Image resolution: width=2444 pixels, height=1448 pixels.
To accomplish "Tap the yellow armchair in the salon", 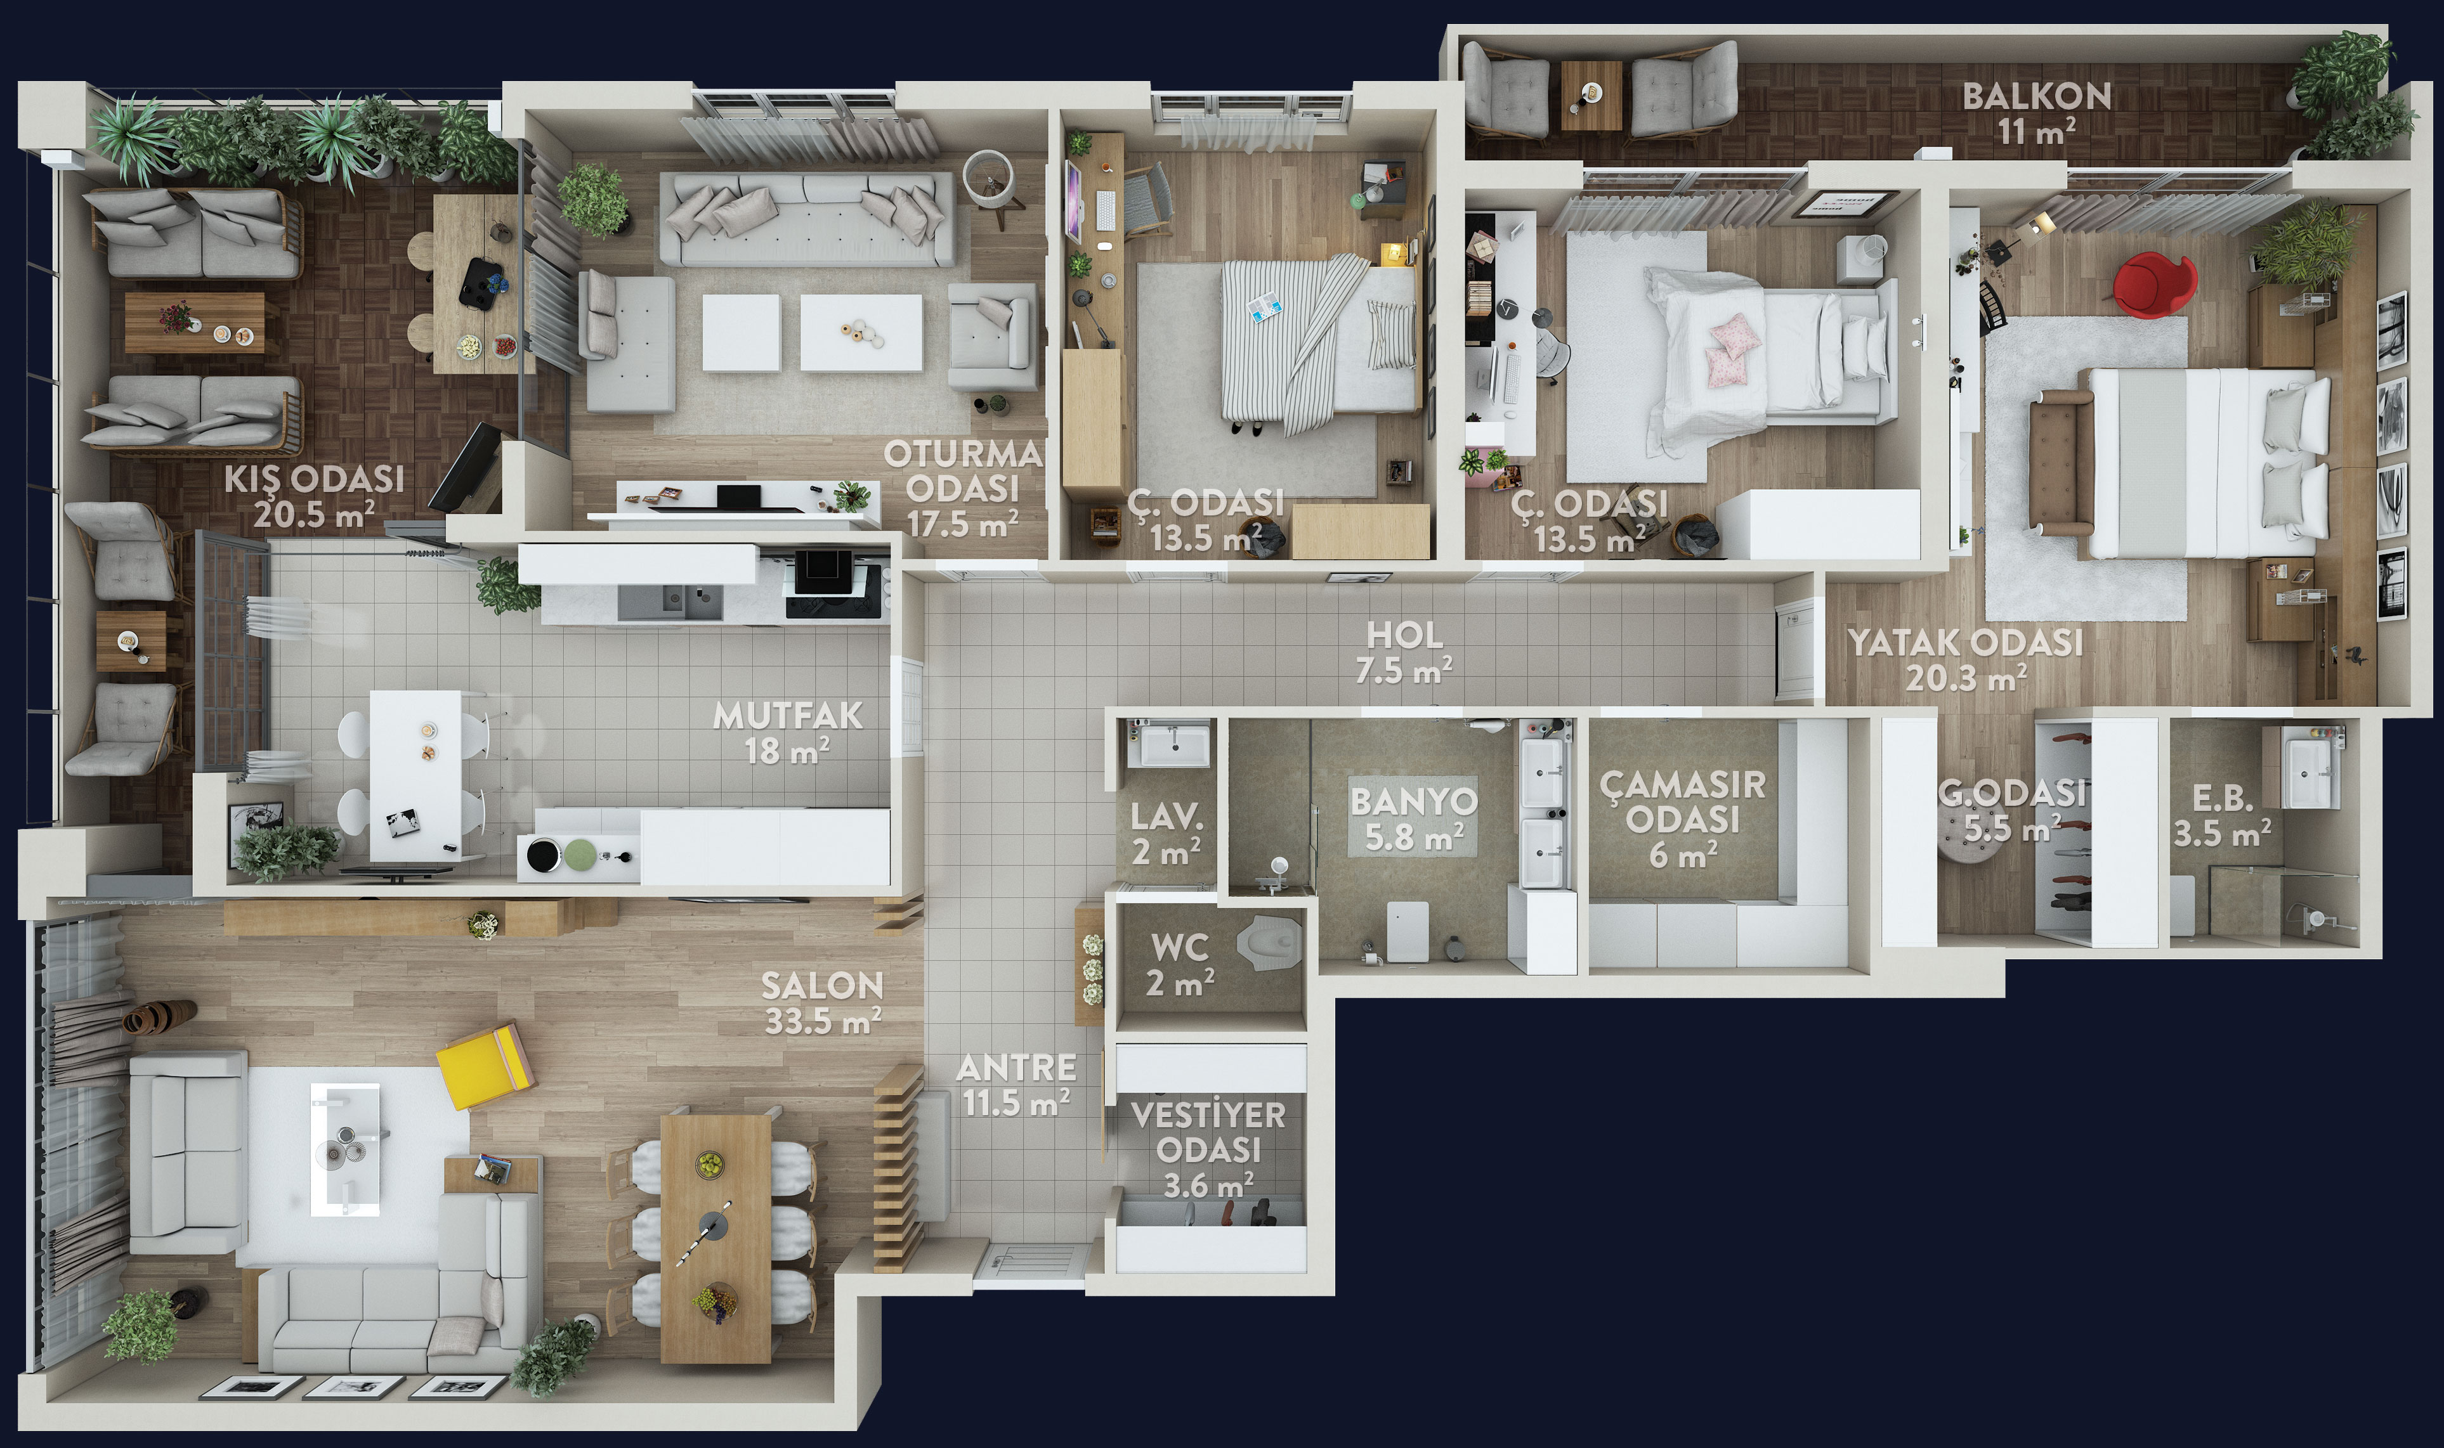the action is pyautogui.click(x=485, y=1066).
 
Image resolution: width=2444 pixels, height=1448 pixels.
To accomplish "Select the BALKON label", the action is pyautogui.click(x=2037, y=96).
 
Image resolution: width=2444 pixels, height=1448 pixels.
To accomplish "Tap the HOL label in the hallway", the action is pyautogui.click(x=1404, y=635).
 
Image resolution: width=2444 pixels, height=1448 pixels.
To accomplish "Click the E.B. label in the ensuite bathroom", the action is pyautogui.click(x=2223, y=798).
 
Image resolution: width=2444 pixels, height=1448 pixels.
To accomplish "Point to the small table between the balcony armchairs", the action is pyautogui.click(x=1591, y=94).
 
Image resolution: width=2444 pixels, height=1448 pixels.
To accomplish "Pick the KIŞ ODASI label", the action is pyautogui.click(x=314, y=479).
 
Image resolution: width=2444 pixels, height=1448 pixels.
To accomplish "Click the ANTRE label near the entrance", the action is pyautogui.click(x=1016, y=1068).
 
